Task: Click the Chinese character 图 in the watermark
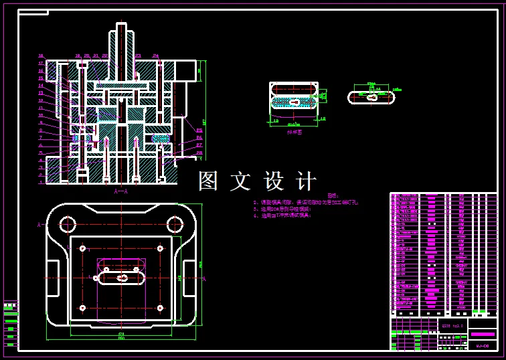[x=209, y=181]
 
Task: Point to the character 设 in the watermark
[x=274, y=181]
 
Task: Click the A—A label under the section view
[x=120, y=191]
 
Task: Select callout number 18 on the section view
[x=41, y=56]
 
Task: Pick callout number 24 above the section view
[x=155, y=56]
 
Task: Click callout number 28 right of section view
[x=199, y=153]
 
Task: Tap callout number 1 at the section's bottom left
[x=41, y=181]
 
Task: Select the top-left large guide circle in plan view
[x=67, y=223]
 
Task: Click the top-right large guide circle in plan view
[x=175, y=223]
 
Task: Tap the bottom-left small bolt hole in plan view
[x=82, y=307]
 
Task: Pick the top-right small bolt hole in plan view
[x=160, y=248]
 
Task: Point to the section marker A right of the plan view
[x=203, y=278]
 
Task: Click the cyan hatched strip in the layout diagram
[x=294, y=102]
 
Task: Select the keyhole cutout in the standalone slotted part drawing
[x=371, y=97]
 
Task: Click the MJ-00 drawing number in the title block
[x=482, y=345]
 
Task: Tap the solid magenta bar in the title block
[x=482, y=333]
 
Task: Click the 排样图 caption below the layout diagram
[x=294, y=132]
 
